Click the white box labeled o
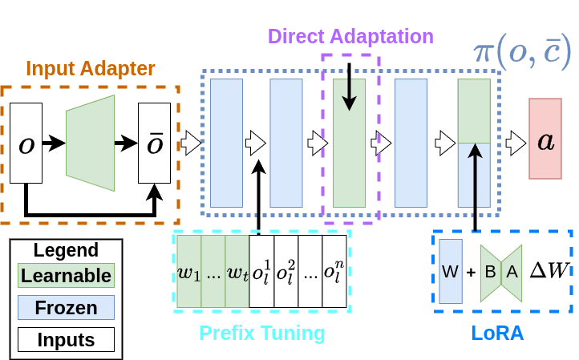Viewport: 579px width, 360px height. pos(26,143)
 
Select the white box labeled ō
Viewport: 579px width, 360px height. pos(154,143)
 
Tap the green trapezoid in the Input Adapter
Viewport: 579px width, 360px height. pos(91,143)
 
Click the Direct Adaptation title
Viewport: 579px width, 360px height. pos(350,36)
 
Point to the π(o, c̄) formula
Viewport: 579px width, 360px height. pos(520,52)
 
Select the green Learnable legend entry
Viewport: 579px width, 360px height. pos(66,276)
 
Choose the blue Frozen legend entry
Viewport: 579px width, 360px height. pos(66,308)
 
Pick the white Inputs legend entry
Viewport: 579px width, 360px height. pos(66,340)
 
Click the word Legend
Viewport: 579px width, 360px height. pos(66,250)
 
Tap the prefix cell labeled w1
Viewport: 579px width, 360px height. pos(188,271)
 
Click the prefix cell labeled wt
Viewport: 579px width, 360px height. pos(237,271)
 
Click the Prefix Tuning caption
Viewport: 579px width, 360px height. pos(261,332)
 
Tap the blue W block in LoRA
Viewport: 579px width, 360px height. pos(451,271)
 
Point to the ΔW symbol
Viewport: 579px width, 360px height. pos(549,270)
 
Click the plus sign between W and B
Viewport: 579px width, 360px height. pos(471,272)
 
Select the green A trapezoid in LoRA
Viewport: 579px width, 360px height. pos(512,272)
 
